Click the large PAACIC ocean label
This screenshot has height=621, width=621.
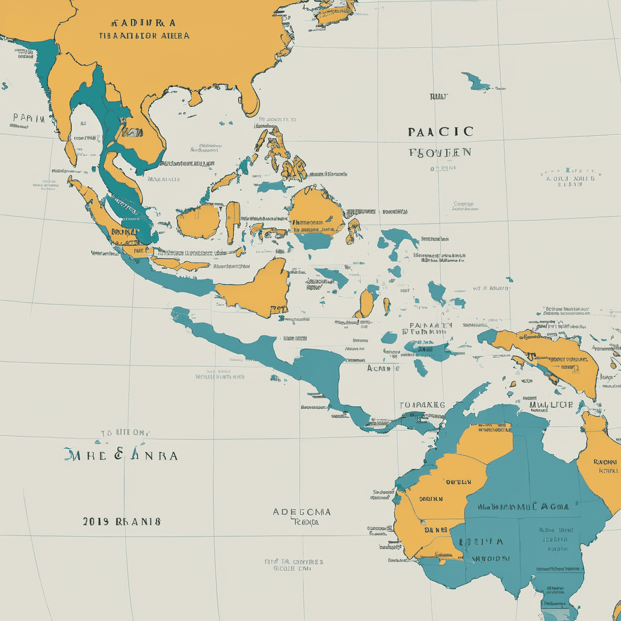440,131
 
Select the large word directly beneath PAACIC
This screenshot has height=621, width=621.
440,152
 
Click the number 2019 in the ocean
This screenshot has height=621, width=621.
95,521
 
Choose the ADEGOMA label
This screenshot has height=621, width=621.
301,512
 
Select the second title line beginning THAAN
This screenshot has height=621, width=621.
144,36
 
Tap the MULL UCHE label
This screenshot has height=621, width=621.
551,404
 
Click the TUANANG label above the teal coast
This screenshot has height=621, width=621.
422,404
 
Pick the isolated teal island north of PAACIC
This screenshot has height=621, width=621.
475,81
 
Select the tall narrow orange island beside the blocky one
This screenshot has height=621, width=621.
233,222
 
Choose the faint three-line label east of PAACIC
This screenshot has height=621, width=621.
570,178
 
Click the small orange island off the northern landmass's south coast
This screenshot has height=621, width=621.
195,98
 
